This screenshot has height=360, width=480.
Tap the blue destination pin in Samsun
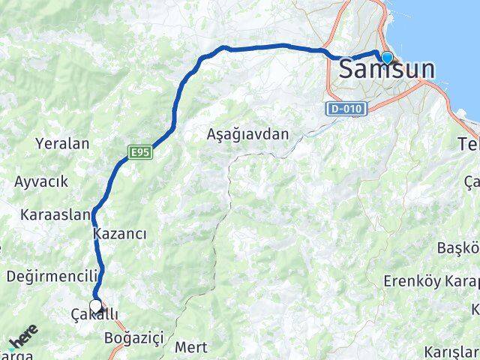point(386,58)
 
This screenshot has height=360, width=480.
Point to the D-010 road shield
point(347,109)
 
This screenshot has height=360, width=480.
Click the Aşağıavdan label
point(258,134)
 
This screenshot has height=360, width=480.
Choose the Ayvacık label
point(41,181)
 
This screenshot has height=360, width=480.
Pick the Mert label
point(190,347)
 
